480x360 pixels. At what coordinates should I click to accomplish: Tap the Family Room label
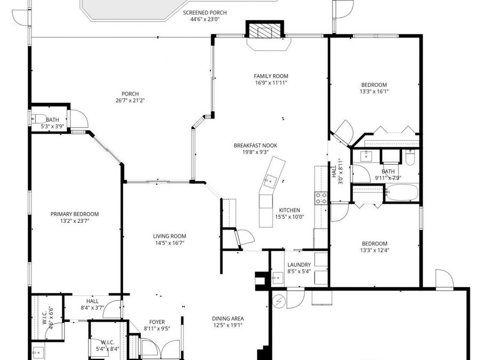271,76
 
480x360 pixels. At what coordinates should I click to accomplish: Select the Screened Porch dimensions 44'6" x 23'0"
201,19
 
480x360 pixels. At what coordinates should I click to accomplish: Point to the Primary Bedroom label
75,214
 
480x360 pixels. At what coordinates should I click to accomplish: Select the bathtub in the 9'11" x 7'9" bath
402,193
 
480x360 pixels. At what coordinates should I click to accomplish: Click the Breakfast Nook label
255,145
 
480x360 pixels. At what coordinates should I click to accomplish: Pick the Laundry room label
299,265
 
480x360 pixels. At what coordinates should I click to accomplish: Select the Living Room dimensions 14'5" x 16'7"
170,243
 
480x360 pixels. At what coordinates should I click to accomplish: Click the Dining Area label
228,318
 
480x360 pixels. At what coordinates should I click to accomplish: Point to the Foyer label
157,322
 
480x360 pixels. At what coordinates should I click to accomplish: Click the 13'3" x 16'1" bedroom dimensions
374,91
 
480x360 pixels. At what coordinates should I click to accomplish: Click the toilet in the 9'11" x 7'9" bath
409,157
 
